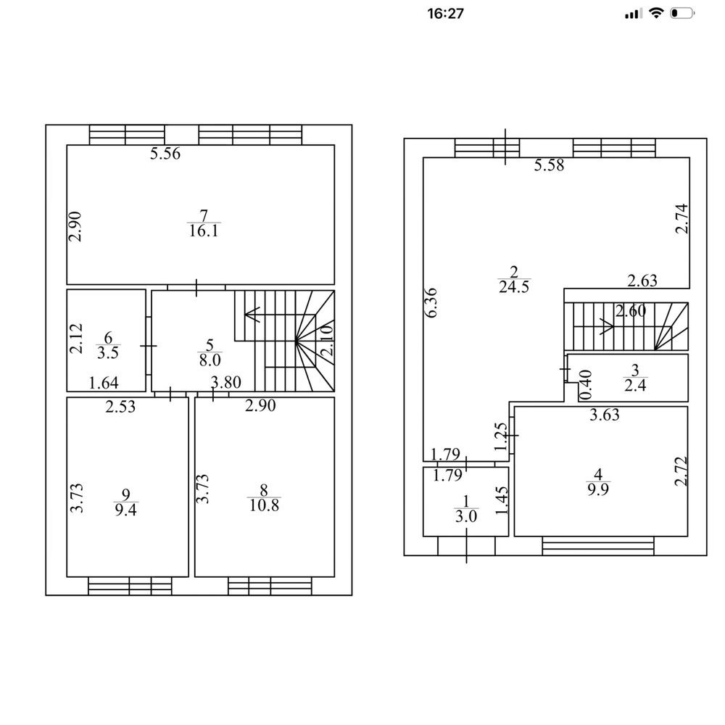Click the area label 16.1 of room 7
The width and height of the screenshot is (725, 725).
[x=204, y=231]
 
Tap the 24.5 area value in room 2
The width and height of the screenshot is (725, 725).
[x=514, y=286]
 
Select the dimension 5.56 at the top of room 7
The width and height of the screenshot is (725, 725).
[x=165, y=154]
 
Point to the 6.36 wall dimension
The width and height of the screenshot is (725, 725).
[x=431, y=303]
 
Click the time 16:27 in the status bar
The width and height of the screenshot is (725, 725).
[x=445, y=13]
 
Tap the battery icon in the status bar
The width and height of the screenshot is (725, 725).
[x=682, y=13]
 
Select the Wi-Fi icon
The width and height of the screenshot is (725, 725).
[x=655, y=13]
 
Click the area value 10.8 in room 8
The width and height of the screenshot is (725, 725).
[x=264, y=505]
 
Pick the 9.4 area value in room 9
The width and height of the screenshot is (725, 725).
[x=125, y=510]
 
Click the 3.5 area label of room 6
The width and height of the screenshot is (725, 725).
[x=108, y=353]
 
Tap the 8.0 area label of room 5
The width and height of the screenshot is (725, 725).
[x=210, y=360]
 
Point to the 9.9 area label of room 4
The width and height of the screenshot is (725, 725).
[x=598, y=489]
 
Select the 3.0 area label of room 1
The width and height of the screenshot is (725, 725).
[x=466, y=516]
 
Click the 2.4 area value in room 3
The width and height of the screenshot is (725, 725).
[x=635, y=385]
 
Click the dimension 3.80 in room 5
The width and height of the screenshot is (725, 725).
[x=225, y=382]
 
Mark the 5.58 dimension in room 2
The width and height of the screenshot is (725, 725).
[x=549, y=165]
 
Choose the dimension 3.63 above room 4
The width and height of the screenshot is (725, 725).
[x=605, y=415]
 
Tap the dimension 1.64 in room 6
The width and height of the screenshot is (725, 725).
[x=103, y=383]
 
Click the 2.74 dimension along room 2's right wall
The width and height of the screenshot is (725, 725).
[x=681, y=218]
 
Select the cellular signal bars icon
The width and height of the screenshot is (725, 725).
[x=634, y=13]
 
